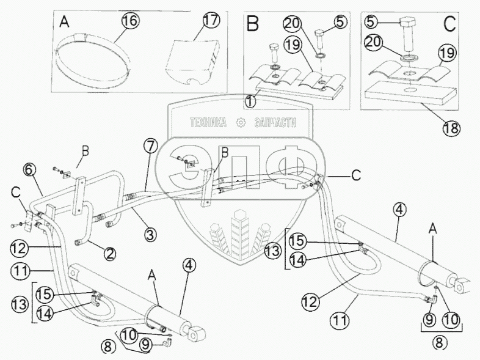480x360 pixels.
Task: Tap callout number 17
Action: (211, 20)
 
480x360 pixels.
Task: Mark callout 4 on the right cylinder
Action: (398, 211)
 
